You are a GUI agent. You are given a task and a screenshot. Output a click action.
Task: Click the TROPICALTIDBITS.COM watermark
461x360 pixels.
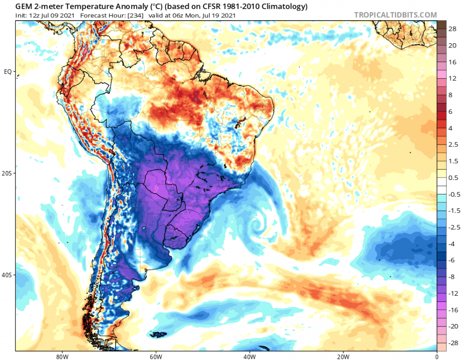395,15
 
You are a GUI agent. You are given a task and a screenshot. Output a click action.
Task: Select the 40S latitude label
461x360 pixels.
7,275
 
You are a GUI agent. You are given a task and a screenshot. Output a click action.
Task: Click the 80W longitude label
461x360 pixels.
61,357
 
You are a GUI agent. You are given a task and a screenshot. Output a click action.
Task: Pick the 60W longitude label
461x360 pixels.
155,357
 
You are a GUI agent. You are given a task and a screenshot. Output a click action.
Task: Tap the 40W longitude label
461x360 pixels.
249,357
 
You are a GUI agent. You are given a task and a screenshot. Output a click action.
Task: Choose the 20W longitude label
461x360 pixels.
343,357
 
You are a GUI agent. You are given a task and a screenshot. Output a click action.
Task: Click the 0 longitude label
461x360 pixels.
437,357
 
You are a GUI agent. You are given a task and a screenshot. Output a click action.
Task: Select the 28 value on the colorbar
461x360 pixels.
452,29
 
